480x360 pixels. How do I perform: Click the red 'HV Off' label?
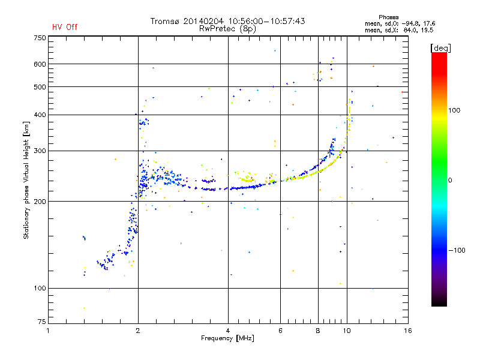tap(65, 27)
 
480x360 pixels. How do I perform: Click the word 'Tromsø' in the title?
tap(164, 21)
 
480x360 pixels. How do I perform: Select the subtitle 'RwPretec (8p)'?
tap(227, 29)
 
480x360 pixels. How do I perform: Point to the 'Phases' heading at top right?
tap(388, 17)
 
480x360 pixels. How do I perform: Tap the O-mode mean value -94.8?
tap(409, 23)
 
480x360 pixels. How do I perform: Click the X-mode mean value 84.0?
tap(410, 30)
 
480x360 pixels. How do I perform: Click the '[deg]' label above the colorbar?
tap(440, 48)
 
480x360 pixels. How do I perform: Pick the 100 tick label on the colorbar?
tap(454, 110)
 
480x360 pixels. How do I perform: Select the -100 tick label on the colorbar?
tap(457, 250)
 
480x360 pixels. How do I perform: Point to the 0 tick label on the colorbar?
tap(450, 181)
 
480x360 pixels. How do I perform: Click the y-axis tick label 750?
tap(40, 38)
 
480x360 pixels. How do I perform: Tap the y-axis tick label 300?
tap(40, 151)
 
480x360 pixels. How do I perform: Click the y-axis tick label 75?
tap(42, 322)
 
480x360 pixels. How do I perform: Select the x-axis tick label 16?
tap(408, 331)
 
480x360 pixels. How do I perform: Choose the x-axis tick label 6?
tap(280, 331)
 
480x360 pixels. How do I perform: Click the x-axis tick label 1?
tap(49, 331)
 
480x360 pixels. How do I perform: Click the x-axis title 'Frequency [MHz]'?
tap(227, 338)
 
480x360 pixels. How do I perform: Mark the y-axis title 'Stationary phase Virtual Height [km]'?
tap(26, 180)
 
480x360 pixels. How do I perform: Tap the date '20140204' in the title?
tap(203, 21)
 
